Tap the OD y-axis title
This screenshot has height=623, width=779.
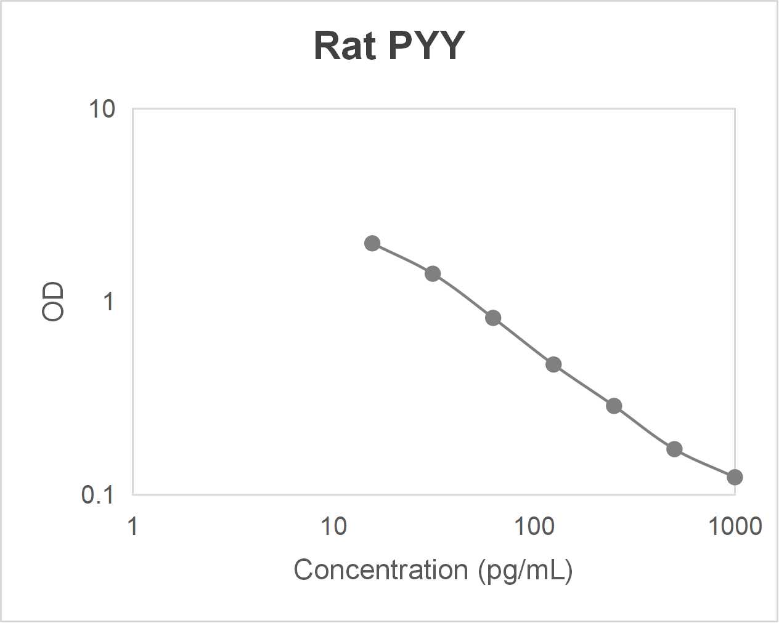tap(53, 302)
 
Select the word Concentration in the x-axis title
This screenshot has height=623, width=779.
tap(380, 569)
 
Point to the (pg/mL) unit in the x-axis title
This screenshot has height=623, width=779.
tap(526, 570)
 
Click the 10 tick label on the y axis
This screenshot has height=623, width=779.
tap(102, 110)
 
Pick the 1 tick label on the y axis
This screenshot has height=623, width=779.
tap(108, 302)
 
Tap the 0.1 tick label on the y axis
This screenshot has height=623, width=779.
tap(97, 494)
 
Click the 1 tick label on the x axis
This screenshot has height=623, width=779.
tap(133, 527)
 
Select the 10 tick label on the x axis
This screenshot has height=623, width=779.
tap(333, 527)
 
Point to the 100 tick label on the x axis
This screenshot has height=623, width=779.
tap(534, 527)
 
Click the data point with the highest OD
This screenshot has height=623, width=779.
tap(372, 243)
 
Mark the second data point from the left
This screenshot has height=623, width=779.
tap(433, 273)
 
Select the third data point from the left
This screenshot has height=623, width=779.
tap(493, 318)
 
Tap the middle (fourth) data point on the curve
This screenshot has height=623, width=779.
tap(553, 364)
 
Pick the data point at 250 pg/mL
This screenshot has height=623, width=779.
tap(614, 406)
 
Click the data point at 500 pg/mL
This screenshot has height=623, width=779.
tap(674, 449)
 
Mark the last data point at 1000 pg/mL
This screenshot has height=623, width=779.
tap(734, 477)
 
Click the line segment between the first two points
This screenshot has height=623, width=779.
tap(402, 257)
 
